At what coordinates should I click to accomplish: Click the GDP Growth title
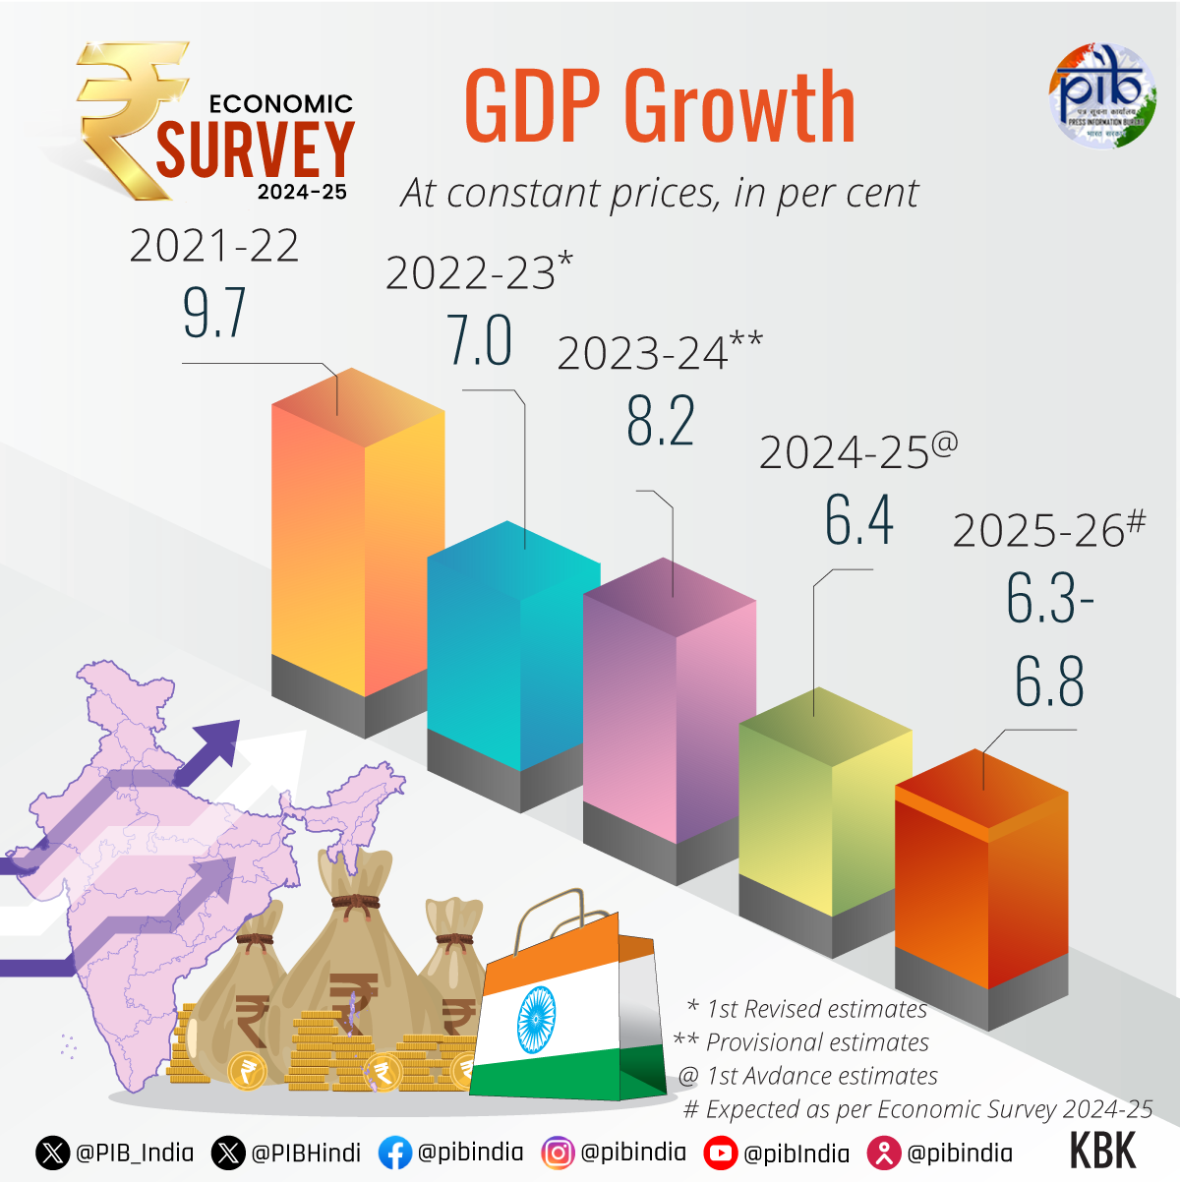pyautogui.click(x=659, y=107)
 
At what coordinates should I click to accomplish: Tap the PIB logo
pyautogui.click(x=1101, y=95)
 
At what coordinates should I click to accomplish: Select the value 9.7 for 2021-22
pyautogui.click(x=214, y=314)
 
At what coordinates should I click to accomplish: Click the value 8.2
pyautogui.click(x=661, y=422)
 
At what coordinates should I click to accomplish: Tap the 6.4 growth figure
pyautogui.click(x=858, y=520)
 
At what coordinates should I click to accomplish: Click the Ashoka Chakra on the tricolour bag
pyautogui.click(x=536, y=1019)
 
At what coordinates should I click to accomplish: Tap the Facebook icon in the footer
pyautogui.click(x=394, y=1153)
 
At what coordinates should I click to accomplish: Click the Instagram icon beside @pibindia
pyautogui.click(x=558, y=1153)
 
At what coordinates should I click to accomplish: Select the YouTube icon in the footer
pyautogui.click(x=721, y=1153)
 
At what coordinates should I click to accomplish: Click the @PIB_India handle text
pyautogui.click(x=135, y=1153)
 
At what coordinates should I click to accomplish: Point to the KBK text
pyautogui.click(x=1102, y=1152)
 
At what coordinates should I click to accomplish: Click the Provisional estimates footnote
pyautogui.click(x=801, y=1042)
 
